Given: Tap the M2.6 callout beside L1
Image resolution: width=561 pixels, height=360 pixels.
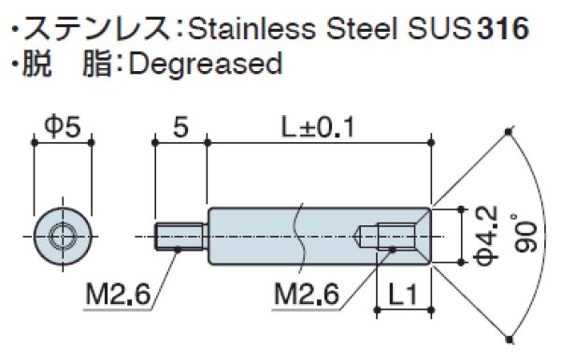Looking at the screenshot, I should pos(307,298).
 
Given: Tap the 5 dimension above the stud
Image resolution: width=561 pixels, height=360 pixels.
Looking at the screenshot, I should pos(179,124).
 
